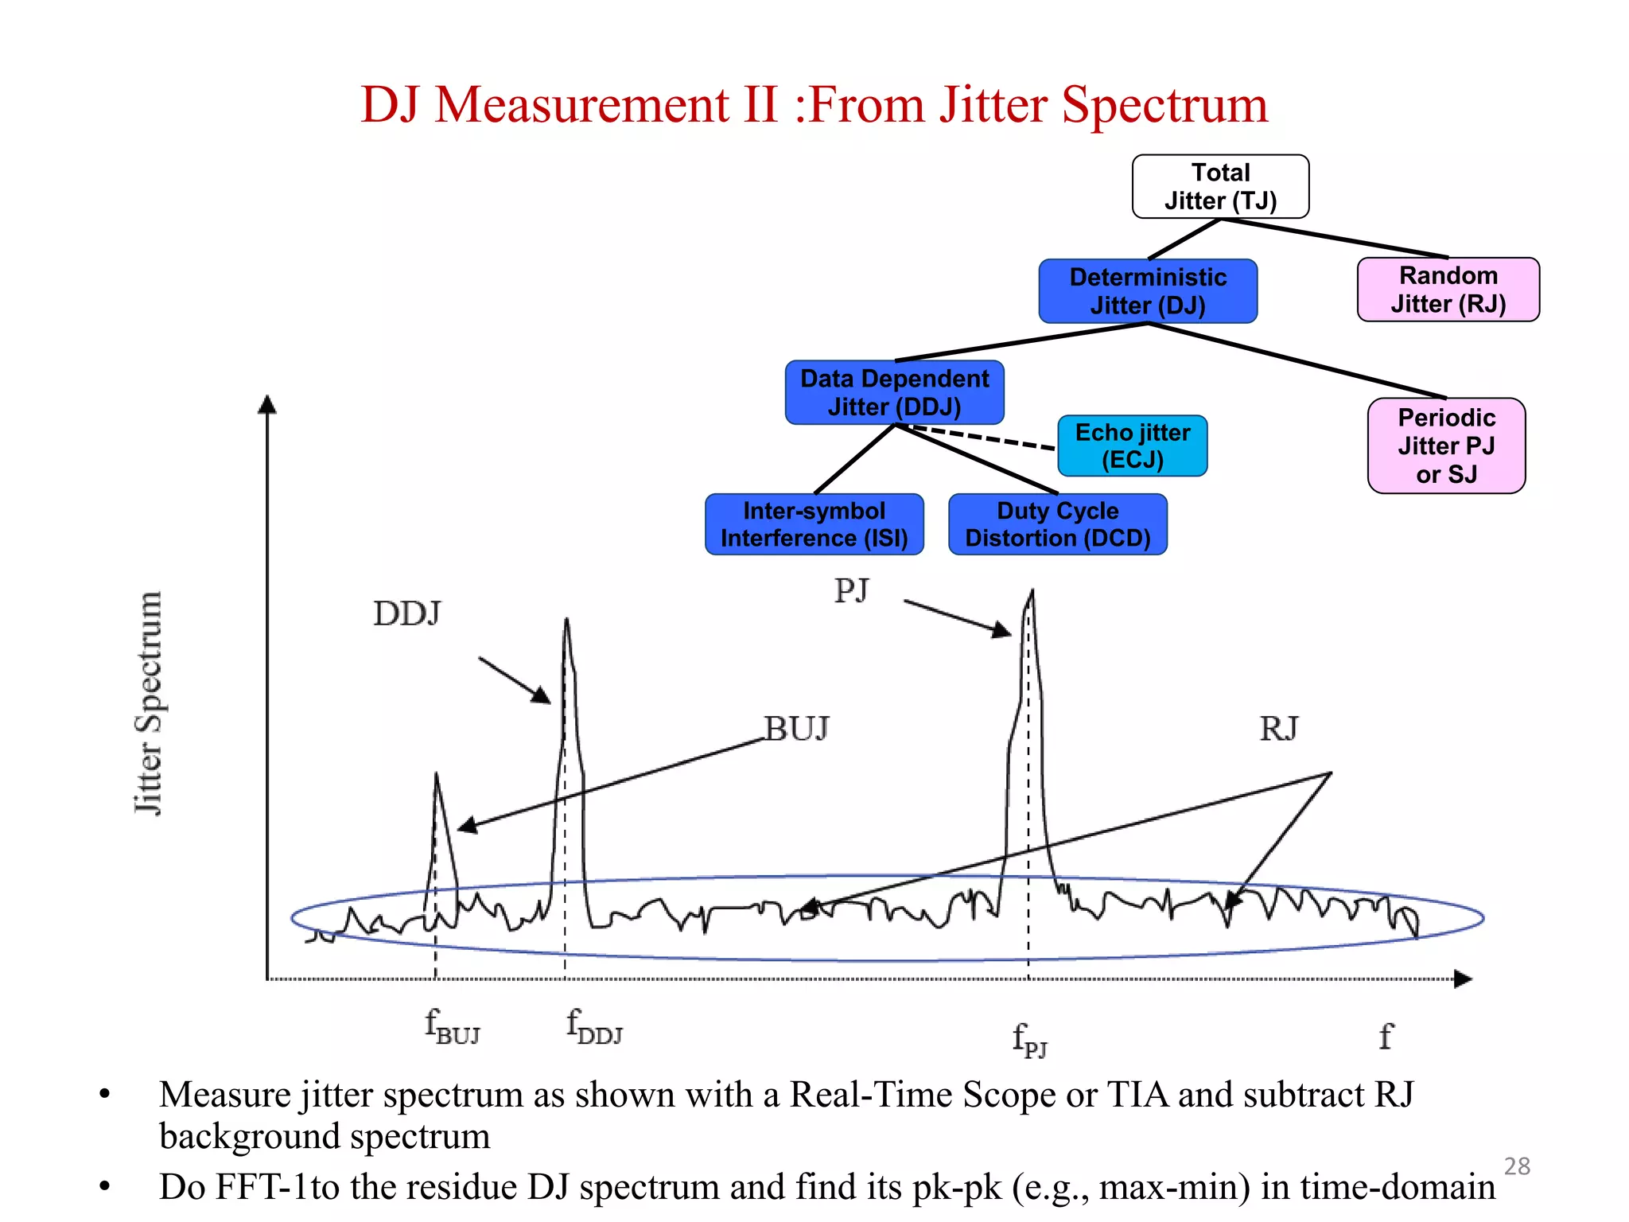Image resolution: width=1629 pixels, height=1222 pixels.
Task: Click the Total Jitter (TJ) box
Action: (1220, 186)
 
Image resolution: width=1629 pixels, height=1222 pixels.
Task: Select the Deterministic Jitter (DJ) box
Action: (1148, 291)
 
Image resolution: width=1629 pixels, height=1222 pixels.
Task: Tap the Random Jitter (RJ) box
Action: (1448, 290)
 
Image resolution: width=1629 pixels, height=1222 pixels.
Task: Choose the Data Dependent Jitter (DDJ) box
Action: (894, 392)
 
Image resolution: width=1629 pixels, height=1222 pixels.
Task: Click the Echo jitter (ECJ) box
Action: (1132, 446)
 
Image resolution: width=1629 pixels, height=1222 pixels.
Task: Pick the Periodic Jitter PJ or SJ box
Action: (1446, 446)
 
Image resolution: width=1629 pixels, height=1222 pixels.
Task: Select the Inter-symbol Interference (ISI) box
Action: (814, 524)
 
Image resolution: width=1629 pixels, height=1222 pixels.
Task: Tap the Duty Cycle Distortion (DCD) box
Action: (1057, 524)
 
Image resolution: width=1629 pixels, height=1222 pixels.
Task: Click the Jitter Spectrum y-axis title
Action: (149, 703)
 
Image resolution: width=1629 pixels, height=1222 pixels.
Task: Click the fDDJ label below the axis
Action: (593, 1026)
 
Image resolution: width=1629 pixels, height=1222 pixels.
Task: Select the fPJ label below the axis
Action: (1029, 1040)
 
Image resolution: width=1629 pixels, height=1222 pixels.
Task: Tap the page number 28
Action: (1517, 1166)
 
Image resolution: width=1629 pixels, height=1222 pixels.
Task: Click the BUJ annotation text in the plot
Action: (796, 728)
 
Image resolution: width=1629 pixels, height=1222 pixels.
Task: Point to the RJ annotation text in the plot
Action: (1278, 728)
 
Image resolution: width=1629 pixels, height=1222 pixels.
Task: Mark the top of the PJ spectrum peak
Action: (1032, 592)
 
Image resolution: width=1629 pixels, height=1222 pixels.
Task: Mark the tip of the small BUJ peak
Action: (436, 774)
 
